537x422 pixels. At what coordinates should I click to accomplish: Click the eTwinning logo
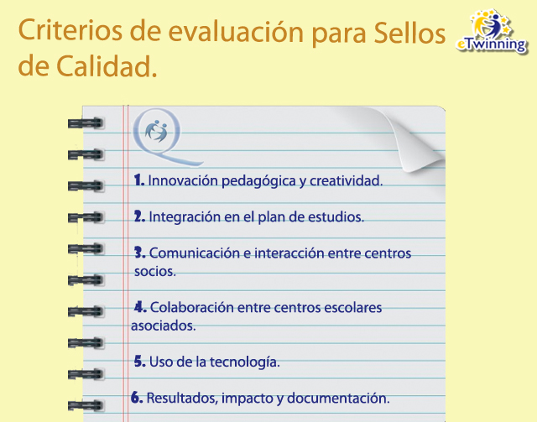coord(492,32)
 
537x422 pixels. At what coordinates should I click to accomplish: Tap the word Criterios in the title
coord(70,30)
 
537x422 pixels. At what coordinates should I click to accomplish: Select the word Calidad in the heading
coord(107,65)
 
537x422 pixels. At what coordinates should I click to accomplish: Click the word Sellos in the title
coord(409,33)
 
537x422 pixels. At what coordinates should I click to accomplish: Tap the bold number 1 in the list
coord(138,180)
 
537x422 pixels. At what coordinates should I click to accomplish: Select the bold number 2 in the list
coord(139,216)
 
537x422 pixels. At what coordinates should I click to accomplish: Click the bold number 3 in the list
coord(140,253)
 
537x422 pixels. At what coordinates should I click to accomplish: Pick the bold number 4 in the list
coord(140,306)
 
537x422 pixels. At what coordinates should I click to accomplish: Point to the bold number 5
coord(140,361)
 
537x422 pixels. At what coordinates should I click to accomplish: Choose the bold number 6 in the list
coord(137,398)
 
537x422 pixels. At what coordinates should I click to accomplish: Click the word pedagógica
coord(258,181)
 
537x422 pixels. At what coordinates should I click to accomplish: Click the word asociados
coord(164,326)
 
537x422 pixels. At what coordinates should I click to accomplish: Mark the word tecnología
coord(245,362)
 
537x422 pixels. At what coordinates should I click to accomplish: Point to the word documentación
coord(338,398)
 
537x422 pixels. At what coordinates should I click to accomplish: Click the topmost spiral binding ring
coord(86,123)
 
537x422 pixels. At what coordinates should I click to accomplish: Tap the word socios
coord(154,271)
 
